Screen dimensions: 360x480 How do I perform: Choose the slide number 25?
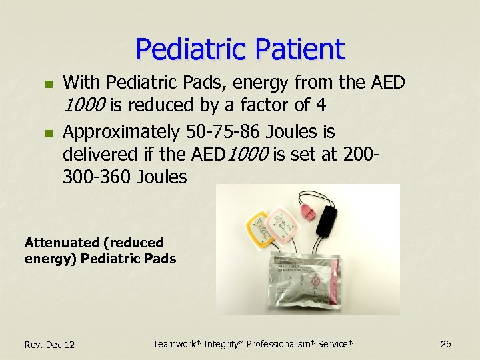(446, 344)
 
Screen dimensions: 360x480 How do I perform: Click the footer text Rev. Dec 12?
(49, 345)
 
